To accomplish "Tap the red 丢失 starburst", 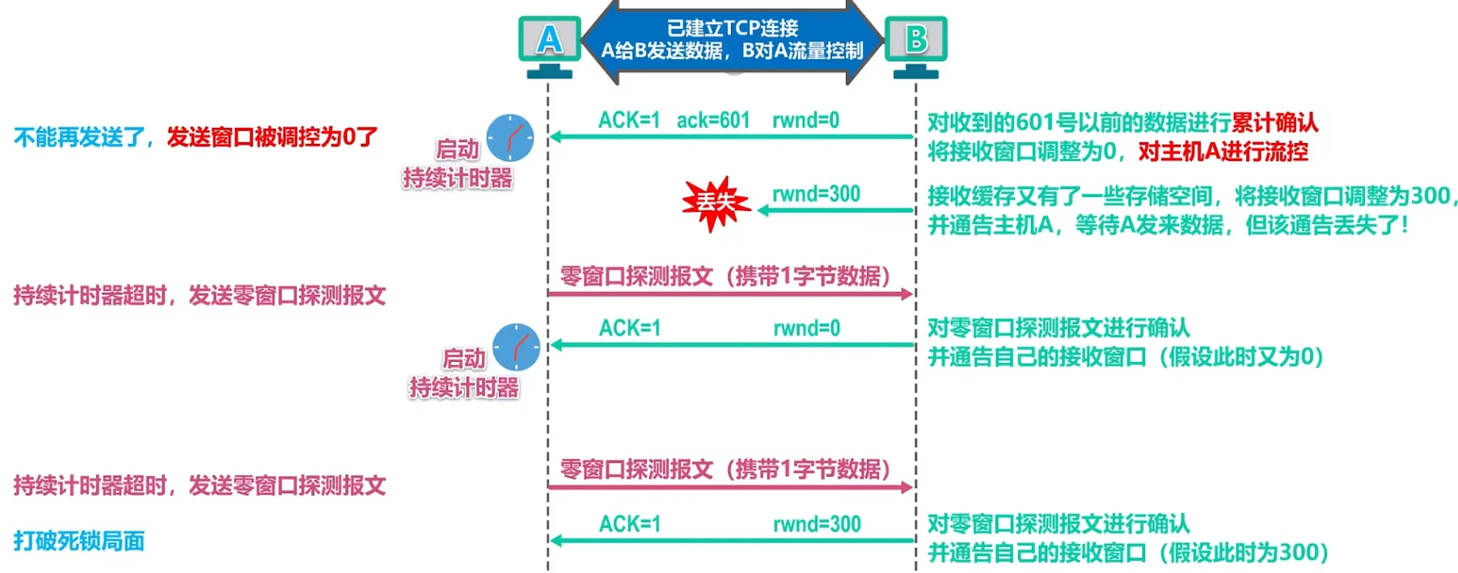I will [715, 202].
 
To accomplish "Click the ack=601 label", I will [712, 120].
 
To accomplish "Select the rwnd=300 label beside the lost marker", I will [816, 194].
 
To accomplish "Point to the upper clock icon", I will [509, 137].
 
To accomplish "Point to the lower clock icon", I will [516, 347].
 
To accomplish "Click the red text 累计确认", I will [1274, 123].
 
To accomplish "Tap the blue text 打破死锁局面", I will [79, 541].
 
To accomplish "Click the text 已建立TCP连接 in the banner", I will [732, 28].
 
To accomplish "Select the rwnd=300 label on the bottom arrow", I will [817, 524].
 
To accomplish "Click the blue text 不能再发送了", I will [78, 137].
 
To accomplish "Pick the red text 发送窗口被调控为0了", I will [272, 137].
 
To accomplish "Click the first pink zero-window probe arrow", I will [729, 294].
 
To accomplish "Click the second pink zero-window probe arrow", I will [729, 487].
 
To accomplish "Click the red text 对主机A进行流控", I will [1223, 152].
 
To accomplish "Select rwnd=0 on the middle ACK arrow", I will [806, 328].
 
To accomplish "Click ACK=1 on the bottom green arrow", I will [629, 524].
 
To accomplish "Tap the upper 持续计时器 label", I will [458, 178].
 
